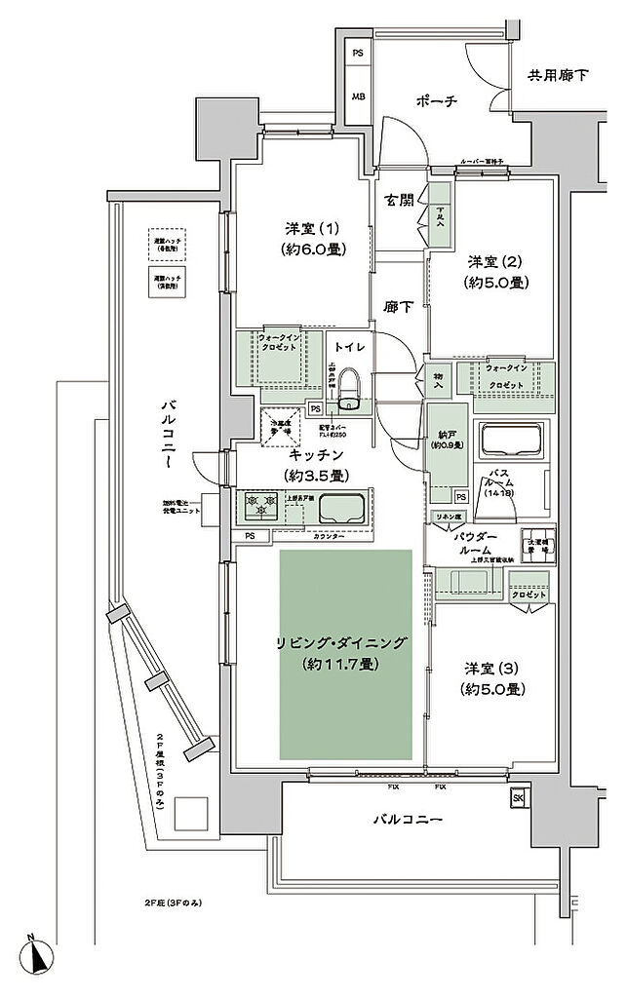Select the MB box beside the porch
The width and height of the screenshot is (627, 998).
pyautogui.click(x=358, y=97)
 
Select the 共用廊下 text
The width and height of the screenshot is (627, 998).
pyautogui.click(x=559, y=75)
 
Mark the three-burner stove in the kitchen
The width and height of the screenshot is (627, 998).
pyautogui.click(x=262, y=507)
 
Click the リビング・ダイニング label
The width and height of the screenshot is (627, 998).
pyautogui.click(x=340, y=643)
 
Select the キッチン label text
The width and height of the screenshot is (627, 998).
pyautogui.click(x=314, y=455)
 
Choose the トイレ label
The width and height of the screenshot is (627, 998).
pyautogui.click(x=349, y=347)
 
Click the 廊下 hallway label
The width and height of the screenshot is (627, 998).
pyautogui.click(x=400, y=306)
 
